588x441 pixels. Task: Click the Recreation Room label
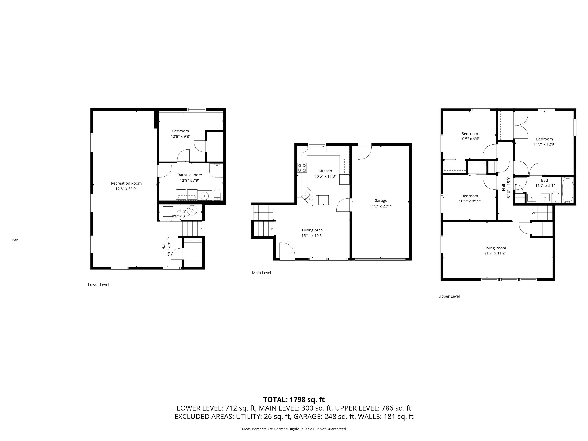tap(126, 183)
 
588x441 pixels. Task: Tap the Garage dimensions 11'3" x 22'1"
tap(380, 206)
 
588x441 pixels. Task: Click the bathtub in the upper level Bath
tap(568, 190)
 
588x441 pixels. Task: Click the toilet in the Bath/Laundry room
tap(217, 195)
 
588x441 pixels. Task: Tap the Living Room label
tap(495, 248)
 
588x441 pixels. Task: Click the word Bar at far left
tap(15, 240)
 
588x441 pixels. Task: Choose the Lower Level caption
tap(98, 284)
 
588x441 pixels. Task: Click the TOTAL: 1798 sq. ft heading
tap(294, 399)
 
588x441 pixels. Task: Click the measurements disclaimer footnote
tap(294, 429)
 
